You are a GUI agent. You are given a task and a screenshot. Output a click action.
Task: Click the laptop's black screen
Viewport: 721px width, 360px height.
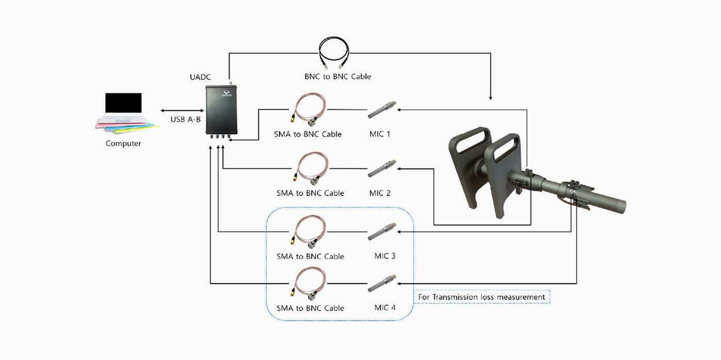coord(123,103)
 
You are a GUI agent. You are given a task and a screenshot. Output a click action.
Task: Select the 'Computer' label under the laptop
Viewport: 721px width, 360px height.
coord(123,143)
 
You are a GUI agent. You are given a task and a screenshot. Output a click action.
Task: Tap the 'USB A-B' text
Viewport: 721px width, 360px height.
coord(185,120)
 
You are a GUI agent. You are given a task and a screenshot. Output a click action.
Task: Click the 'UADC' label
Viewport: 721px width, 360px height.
coord(200,77)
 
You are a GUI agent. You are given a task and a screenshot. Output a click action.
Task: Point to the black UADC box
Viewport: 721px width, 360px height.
coord(221,110)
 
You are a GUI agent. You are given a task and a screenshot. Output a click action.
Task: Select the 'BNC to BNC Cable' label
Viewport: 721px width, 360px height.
coord(338,77)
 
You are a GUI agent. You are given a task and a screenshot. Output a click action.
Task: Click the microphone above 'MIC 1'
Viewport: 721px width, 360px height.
coord(382,110)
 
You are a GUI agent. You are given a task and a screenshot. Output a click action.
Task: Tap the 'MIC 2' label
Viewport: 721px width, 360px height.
coord(380,193)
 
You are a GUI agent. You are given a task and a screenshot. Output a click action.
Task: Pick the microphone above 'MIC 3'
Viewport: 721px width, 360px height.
coord(382,232)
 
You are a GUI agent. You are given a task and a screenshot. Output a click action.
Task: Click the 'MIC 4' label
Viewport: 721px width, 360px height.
coord(385,308)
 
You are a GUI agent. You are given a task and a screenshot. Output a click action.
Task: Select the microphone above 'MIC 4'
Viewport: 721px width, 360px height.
coord(382,283)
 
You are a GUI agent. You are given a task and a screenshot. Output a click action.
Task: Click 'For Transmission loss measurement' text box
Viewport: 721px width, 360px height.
coord(482,297)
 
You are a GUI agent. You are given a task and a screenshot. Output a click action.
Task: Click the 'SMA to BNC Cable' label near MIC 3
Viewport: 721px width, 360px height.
coord(310,257)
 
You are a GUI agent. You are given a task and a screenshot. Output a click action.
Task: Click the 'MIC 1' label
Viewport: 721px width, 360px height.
coord(380,134)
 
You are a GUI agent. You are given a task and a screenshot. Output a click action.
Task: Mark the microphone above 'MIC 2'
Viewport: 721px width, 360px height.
coord(382,169)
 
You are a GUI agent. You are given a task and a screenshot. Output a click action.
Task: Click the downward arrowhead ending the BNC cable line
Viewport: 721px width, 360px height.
coord(490,97)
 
